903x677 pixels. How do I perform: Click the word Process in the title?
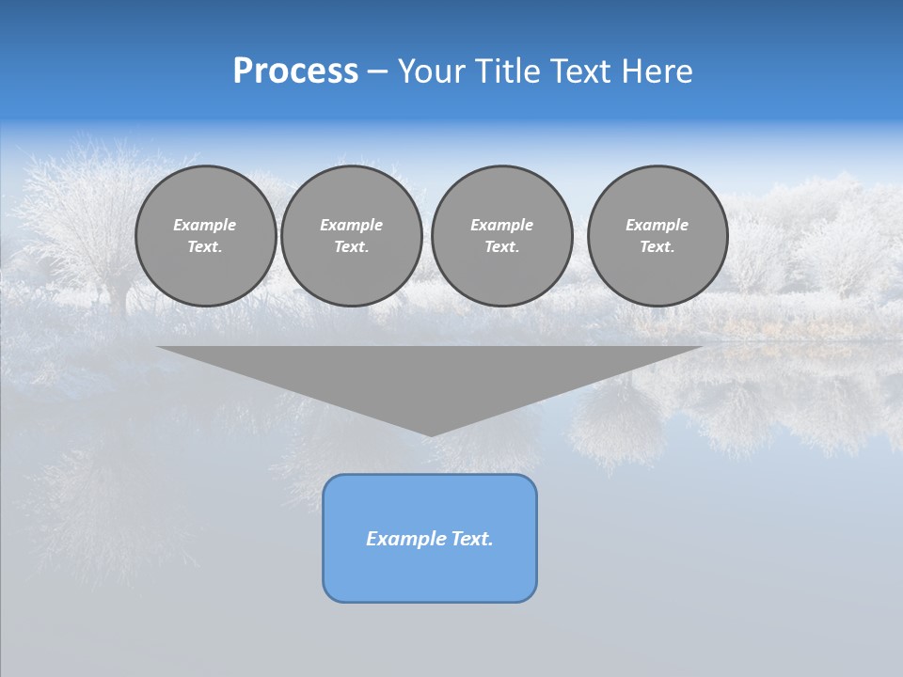click(295, 71)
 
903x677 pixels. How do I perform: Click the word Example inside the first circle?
click(205, 225)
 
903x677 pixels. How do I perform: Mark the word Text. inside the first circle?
click(205, 247)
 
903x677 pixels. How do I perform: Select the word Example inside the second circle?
click(352, 225)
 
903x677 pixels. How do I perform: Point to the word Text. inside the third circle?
click(502, 247)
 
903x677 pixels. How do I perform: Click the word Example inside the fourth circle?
click(657, 225)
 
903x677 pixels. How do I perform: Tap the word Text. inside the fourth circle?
click(657, 247)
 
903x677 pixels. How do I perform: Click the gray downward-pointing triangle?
click(430, 376)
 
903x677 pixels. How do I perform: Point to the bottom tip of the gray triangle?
click(430, 433)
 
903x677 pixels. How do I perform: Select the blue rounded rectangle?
click(430, 574)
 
